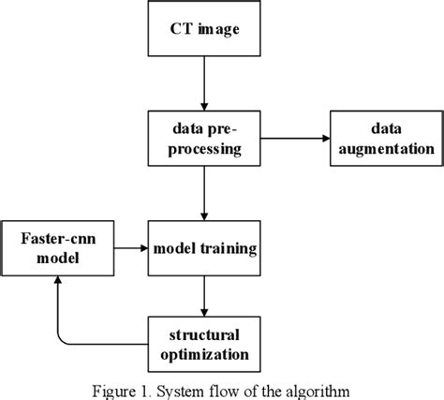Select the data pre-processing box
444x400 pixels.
point(204,139)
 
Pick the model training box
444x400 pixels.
point(204,248)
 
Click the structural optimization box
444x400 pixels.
point(204,344)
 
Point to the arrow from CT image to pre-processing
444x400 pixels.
point(204,94)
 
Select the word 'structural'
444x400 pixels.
point(204,334)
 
